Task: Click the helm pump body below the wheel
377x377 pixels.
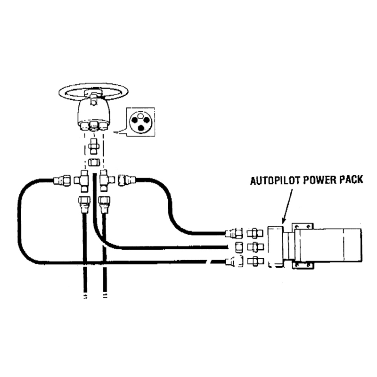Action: tap(94, 114)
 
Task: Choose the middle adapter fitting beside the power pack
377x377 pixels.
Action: tap(255, 246)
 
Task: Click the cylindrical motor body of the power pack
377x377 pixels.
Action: tap(330, 246)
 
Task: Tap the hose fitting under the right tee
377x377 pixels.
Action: tap(104, 204)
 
